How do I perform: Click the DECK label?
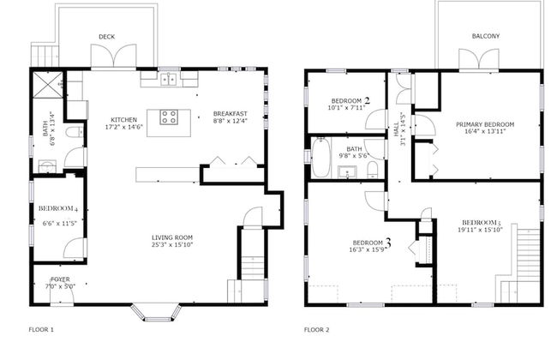click(106, 37)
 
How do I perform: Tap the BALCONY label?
click(486, 36)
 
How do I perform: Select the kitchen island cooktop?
click(169, 117)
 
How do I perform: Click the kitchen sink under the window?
click(169, 79)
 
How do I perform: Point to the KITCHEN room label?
click(123, 120)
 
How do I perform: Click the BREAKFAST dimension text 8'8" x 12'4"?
click(231, 121)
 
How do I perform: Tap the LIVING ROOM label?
click(172, 237)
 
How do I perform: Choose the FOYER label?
click(60, 279)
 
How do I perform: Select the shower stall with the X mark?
click(48, 84)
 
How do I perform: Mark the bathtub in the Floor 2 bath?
click(321, 158)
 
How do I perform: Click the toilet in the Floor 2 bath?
click(372, 170)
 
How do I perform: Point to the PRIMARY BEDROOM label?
click(485, 125)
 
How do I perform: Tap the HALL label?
click(396, 129)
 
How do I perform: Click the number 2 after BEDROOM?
click(367, 100)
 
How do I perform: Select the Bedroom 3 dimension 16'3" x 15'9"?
click(368, 249)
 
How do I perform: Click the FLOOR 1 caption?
click(41, 330)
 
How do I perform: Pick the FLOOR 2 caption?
click(316, 330)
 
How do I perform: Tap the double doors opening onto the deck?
click(114, 56)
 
